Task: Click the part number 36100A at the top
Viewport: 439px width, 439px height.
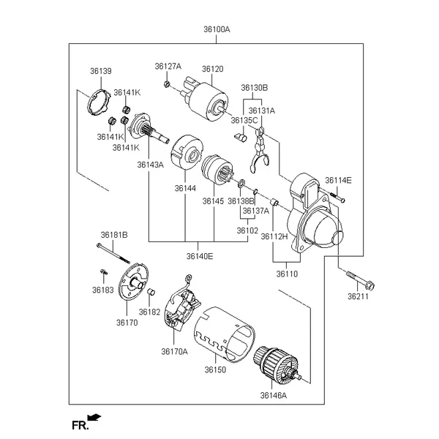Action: pos(217,30)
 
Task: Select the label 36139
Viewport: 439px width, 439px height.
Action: pos(101,71)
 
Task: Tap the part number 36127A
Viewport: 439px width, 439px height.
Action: pos(168,67)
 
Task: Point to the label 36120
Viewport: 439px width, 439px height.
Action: pos(212,69)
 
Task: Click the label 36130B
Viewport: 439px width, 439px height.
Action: pos(255,86)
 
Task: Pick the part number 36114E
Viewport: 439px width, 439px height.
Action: pos(338,180)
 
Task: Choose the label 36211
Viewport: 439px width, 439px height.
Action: pos(358,297)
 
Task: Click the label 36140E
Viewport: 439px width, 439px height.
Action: pos(199,256)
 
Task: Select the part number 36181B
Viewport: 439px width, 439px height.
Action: pos(114,235)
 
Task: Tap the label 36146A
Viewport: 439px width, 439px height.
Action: pos(274,395)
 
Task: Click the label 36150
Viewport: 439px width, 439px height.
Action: pos(215,369)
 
